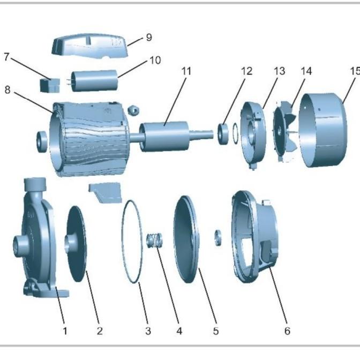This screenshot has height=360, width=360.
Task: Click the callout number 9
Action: (149, 37)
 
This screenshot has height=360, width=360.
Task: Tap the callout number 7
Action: (6, 57)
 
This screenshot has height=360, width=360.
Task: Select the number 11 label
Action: (186, 71)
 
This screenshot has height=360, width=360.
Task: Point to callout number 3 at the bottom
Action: (148, 331)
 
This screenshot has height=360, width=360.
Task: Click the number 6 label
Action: (287, 331)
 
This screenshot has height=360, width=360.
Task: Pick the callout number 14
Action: (306, 71)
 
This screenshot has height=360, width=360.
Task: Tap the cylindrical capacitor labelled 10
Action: (95, 80)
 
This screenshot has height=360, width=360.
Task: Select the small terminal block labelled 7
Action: (50, 85)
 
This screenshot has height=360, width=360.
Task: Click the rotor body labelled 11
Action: (164, 137)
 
